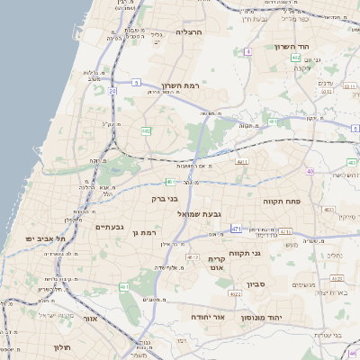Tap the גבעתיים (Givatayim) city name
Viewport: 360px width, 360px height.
(x=115, y=227)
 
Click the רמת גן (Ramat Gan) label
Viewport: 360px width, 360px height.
(x=144, y=233)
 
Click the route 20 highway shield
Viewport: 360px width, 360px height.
(x=112, y=91)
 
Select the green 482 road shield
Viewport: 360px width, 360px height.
(x=146, y=131)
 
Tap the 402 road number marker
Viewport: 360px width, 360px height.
(x=295, y=58)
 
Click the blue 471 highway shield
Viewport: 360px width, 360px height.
(x=236, y=229)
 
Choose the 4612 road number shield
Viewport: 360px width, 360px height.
(x=192, y=257)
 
